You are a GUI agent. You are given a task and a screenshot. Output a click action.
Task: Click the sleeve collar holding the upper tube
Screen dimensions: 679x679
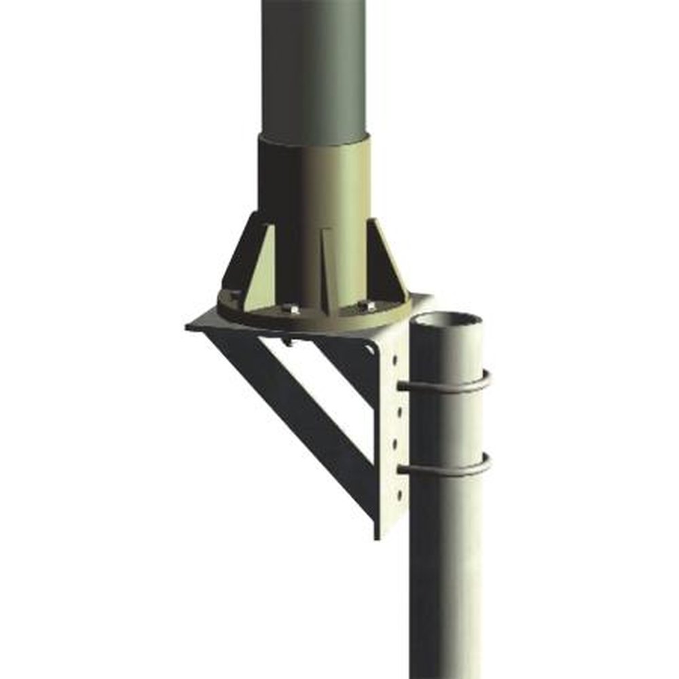314,190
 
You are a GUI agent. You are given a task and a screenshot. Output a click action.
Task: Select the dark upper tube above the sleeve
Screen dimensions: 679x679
314,68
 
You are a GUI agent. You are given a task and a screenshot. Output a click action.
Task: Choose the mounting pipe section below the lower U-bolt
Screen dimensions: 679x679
445,577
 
